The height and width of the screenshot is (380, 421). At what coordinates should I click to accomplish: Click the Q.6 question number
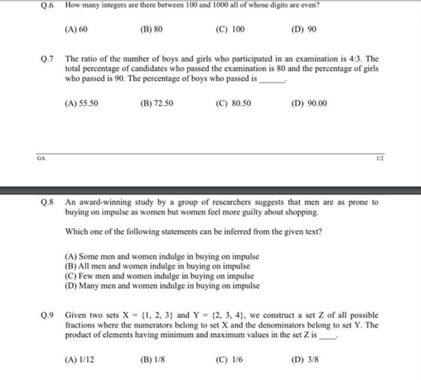coord(46,5)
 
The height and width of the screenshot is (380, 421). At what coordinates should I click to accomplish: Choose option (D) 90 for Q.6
coord(305,30)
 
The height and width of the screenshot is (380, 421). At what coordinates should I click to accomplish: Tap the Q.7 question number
coord(46,60)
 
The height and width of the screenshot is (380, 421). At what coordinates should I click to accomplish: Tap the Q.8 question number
coord(46,202)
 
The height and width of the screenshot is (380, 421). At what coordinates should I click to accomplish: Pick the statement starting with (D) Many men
coord(163,285)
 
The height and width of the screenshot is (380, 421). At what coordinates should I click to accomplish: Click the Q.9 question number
coord(46,314)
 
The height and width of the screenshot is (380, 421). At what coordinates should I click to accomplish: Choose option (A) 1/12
coord(79,359)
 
